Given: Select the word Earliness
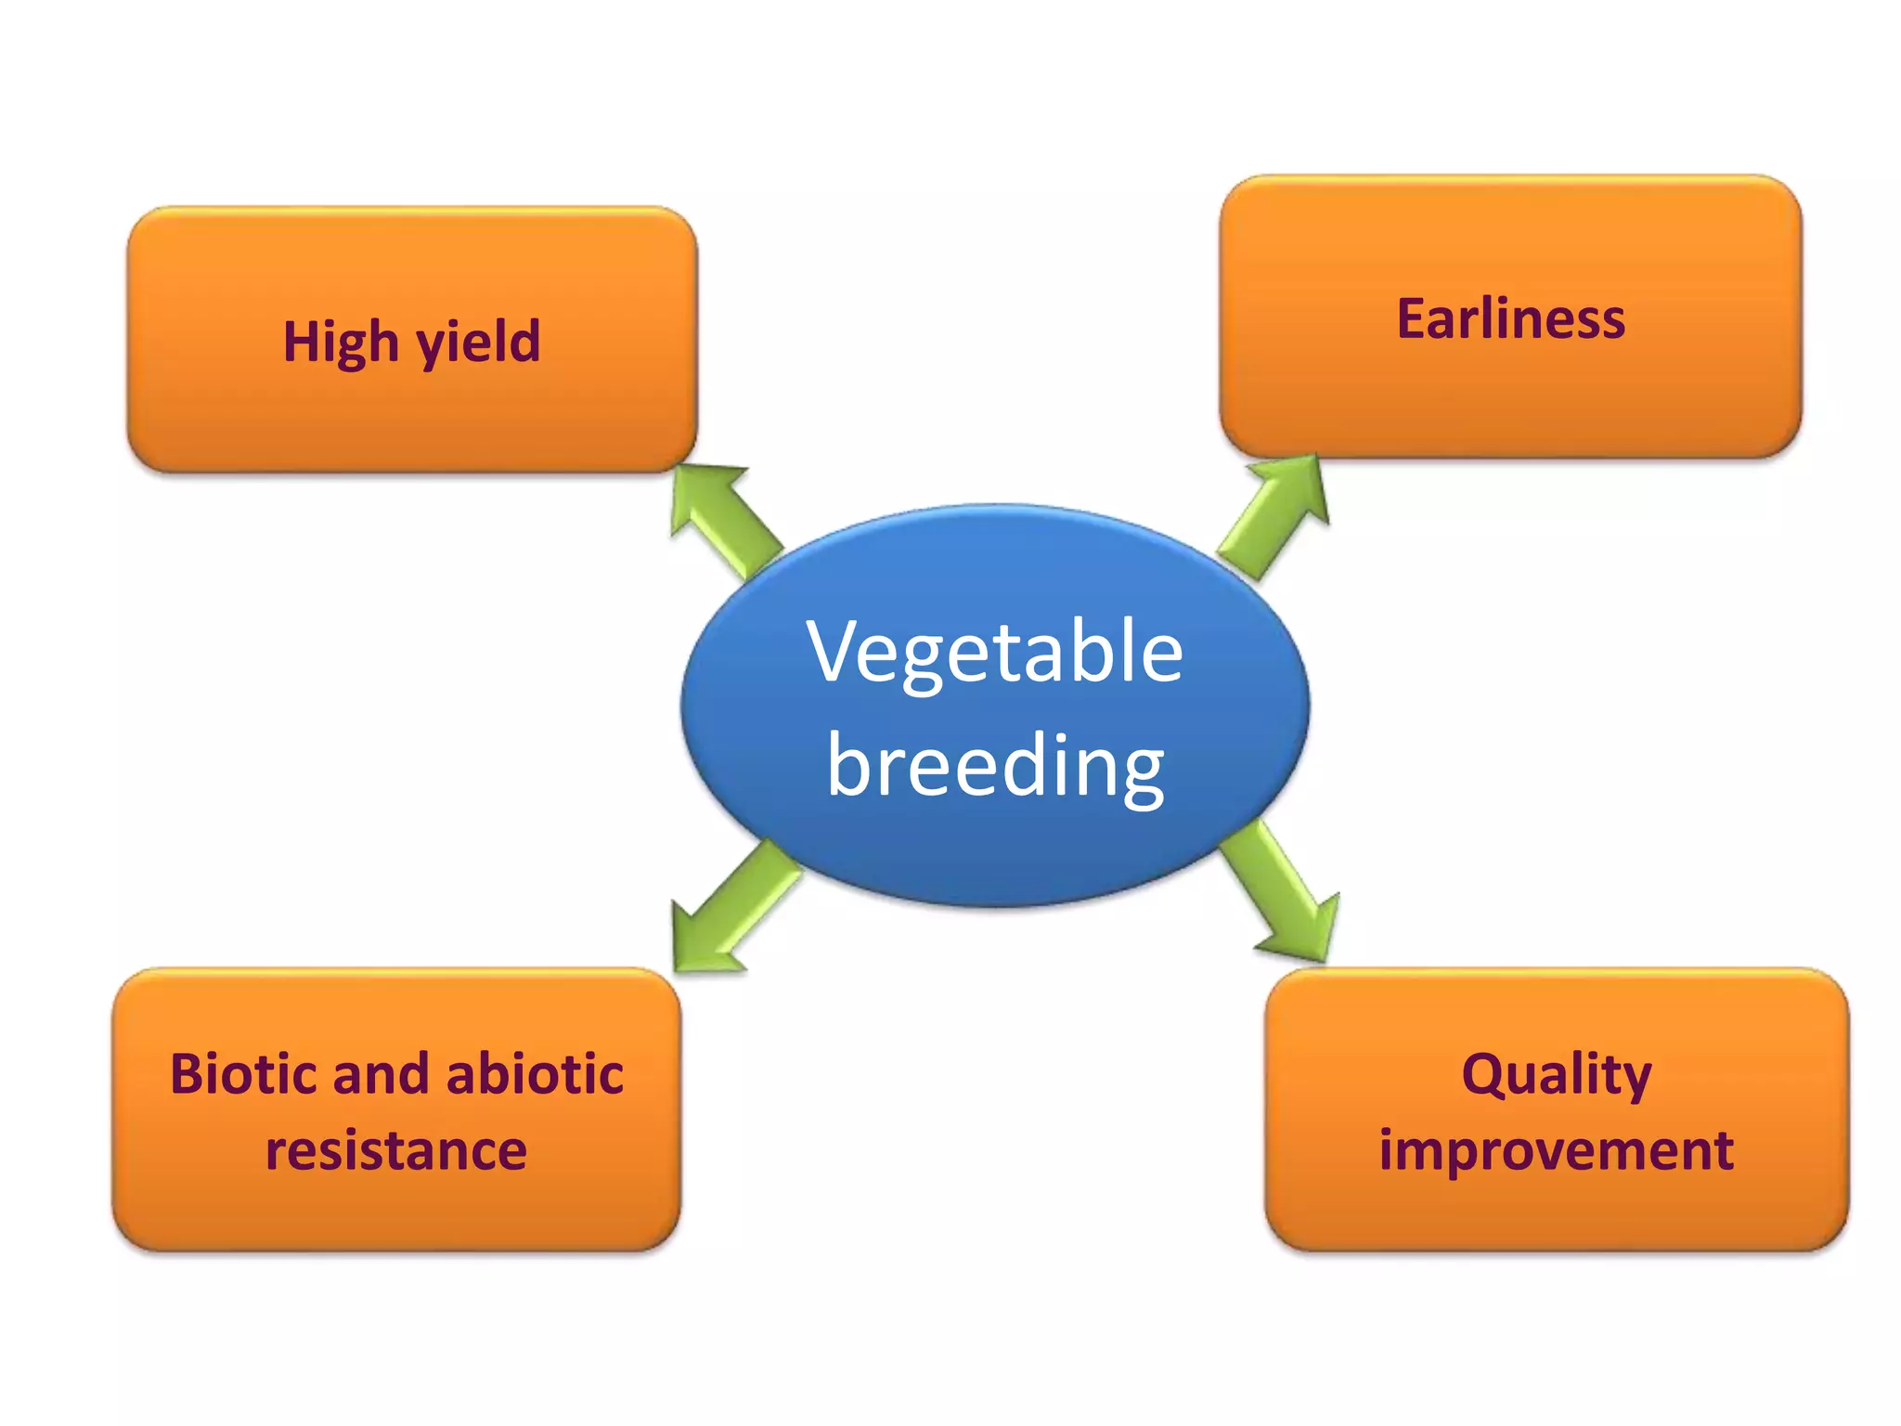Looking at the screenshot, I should (1510, 319).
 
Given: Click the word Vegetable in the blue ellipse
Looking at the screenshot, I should (994, 652).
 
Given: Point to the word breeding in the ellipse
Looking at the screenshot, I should (994, 766).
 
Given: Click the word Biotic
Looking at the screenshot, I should (243, 1074).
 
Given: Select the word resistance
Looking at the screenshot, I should (396, 1150).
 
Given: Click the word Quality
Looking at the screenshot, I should (1557, 1075).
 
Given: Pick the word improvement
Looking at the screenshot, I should (1556, 1150).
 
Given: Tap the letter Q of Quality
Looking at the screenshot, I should (1482, 1075).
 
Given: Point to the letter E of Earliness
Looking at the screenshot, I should (1413, 319).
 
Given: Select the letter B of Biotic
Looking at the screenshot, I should (187, 1074).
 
